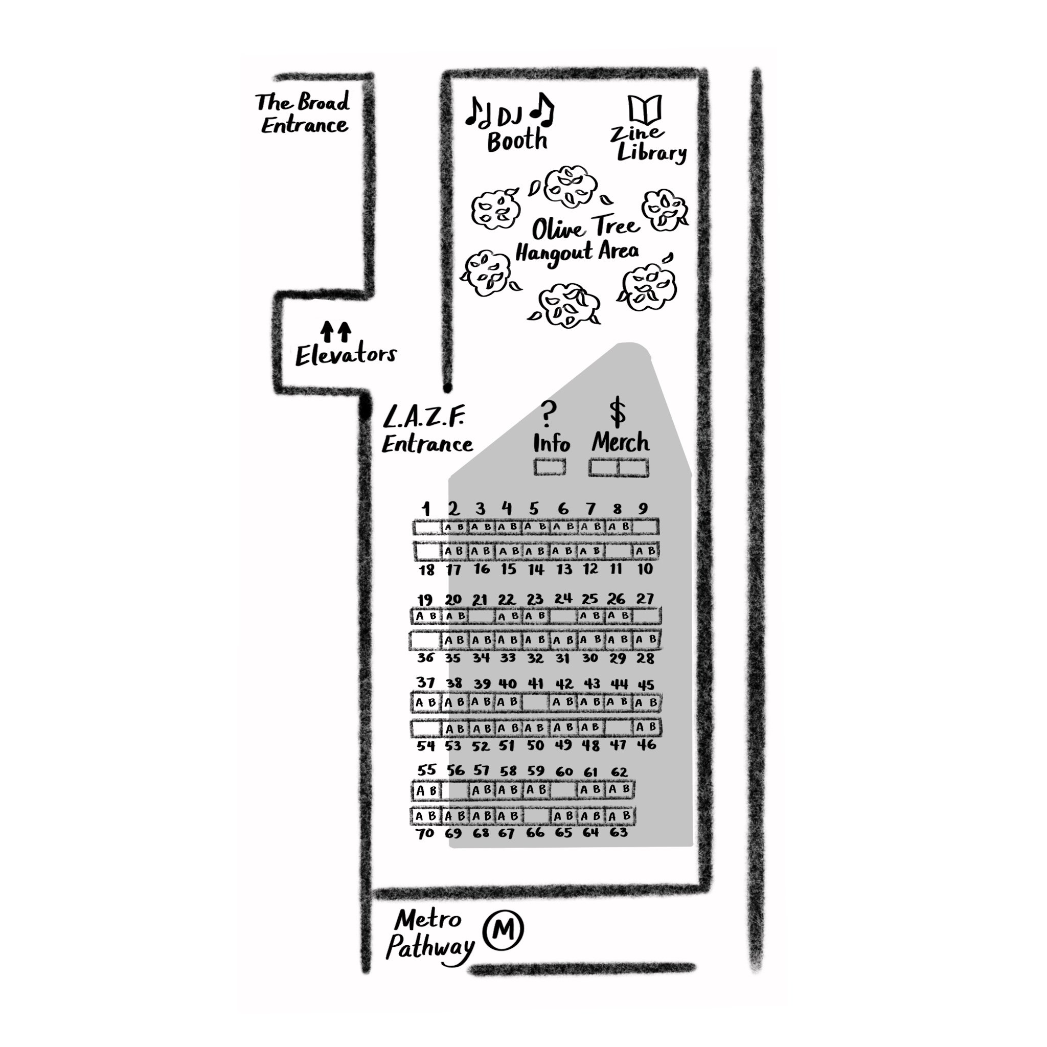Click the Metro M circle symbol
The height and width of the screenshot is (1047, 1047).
tap(504, 930)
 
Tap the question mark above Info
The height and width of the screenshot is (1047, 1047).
tap(549, 414)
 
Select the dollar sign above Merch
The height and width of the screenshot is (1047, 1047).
tap(617, 412)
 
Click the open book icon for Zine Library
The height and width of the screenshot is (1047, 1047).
tap(644, 109)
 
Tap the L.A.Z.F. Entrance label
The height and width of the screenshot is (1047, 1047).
tap(426, 431)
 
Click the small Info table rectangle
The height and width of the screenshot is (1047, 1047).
tap(550, 467)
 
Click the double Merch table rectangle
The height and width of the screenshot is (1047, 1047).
tap(619, 467)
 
